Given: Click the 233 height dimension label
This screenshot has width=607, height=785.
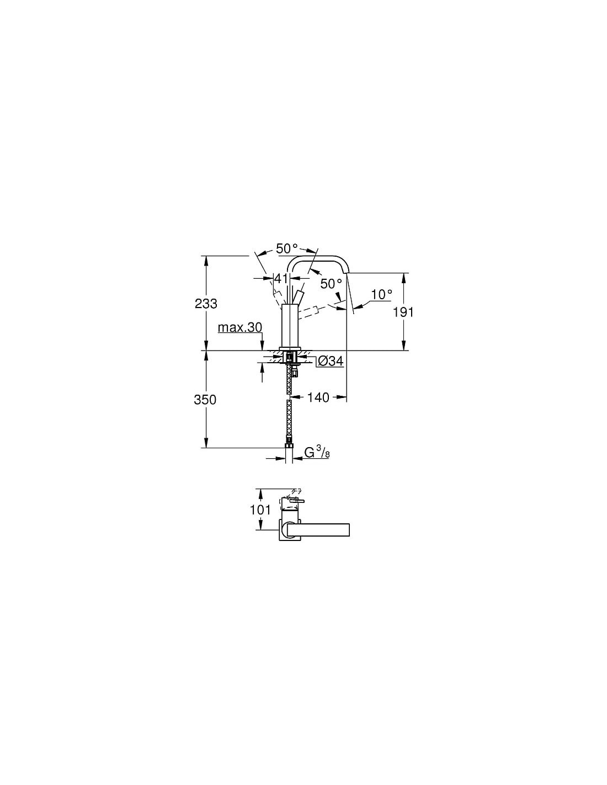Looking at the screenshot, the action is [x=206, y=304].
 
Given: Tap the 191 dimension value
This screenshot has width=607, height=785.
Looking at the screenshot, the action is [x=403, y=312].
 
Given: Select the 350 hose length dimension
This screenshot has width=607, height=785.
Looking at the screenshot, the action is [x=205, y=400].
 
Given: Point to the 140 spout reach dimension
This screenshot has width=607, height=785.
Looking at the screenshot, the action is [x=318, y=397].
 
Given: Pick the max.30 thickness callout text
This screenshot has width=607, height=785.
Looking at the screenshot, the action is [x=240, y=328].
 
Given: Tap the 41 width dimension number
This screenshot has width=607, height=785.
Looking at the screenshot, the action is [x=281, y=278].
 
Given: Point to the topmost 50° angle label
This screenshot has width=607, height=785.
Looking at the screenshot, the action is [x=287, y=248].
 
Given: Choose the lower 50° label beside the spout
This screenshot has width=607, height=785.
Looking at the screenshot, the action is [x=331, y=284].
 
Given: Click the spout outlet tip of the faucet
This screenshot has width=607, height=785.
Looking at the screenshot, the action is [x=347, y=274].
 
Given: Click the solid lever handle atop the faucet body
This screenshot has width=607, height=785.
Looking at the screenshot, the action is [x=299, y=298].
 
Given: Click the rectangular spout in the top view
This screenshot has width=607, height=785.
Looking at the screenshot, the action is [x=318, y=529].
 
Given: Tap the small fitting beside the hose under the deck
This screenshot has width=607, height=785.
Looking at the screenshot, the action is [x=296, y=370].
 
